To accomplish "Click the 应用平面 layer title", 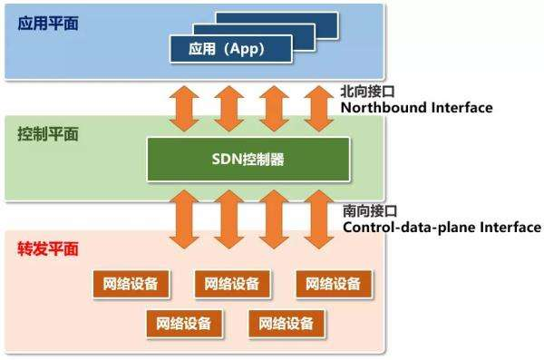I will pyautogui.click(x=47, y=23).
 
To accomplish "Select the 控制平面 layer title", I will pyautogui.click(x=47, y=134).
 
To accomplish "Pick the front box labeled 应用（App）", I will pyautogui.click(x=231, y=47).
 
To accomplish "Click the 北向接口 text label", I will pyautogui.click(x=368, y=92).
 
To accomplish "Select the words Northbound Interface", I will pyautogui.click(x=416, y=108).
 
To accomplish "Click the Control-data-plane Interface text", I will pyautogui.click(x=442, y=227).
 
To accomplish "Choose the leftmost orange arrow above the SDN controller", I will pyautogui.click(x=187, y=108).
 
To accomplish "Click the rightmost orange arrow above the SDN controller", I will pyautogui.click(x=318, y=108).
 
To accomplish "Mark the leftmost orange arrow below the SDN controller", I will pyautogui.click(x=187, y=218).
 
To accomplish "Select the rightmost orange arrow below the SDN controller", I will pyautogui.click(x=318, y=218).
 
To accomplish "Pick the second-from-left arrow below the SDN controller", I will pyautogui.click(x=230, y=218).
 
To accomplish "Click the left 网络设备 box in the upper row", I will pyautogui.click(x=131, y=284).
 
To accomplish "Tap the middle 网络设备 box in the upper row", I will pyautogui.click(x=232, y=284).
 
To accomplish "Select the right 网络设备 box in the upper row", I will pyautogui.click(x=334, y=284).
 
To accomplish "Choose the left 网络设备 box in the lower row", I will pyautogui.click(x=184, y=323).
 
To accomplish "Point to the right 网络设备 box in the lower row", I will pyautogui.click(x=287, y=323).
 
